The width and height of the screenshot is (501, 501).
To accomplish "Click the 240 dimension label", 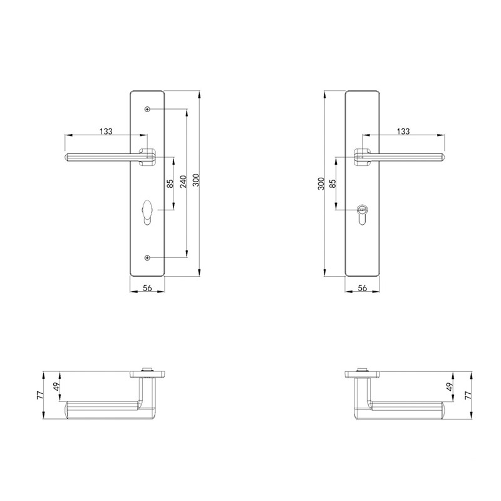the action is click(183, 182).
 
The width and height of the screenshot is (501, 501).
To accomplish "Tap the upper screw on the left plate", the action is click(147, 109).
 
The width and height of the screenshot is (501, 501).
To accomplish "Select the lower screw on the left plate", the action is click(147, 257).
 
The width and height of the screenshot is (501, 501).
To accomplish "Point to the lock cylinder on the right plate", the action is click(362, 214).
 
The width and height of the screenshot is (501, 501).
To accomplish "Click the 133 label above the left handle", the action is click(106, 131).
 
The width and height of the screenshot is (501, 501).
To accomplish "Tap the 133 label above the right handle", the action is click(403, 131).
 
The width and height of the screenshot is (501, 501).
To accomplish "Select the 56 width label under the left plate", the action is click(147, 288).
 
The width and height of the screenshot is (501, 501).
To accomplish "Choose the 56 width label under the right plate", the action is click(363, 288).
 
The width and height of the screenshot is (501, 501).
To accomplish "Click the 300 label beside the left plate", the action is click(196, 180).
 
